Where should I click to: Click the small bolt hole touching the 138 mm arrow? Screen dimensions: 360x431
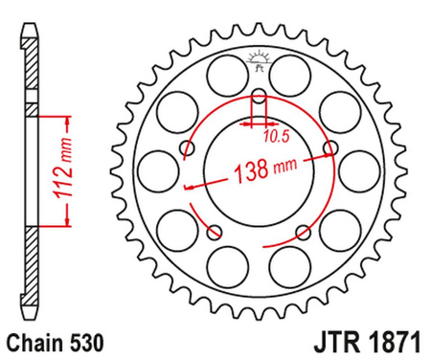coord(330,148)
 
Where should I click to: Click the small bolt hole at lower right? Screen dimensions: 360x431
coord(303,232)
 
